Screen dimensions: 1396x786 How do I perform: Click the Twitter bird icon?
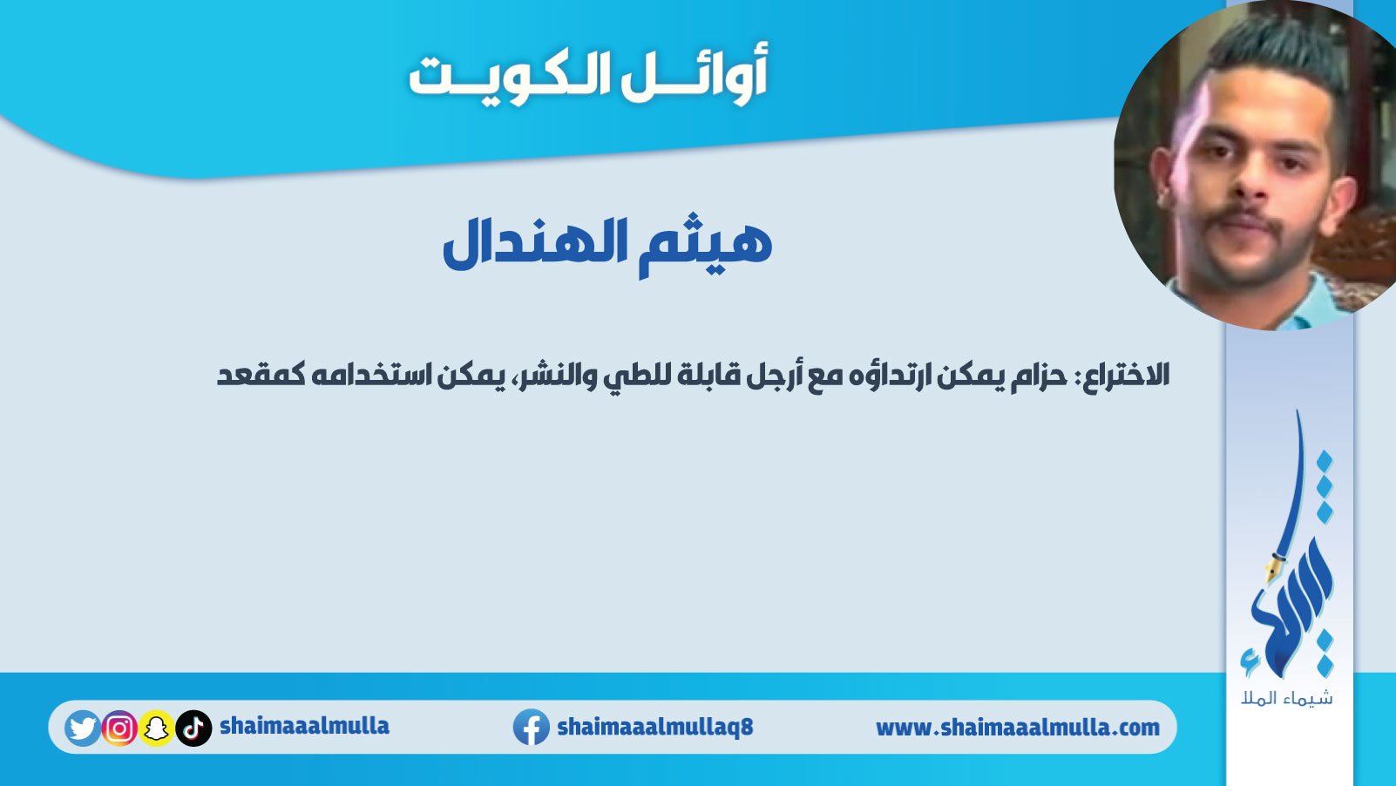pos(82,728)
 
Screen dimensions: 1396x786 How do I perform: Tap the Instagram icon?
pos(119,728)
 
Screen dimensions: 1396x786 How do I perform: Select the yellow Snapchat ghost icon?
pos(156,728)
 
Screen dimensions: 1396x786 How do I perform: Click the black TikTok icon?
pos(193,728)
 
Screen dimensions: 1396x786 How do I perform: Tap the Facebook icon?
pos(531,727)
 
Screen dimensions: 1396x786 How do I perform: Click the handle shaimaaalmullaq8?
pos(655,727)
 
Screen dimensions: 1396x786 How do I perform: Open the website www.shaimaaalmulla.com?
pos(1018,728)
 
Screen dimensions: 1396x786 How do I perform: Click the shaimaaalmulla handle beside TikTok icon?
pos(305,726)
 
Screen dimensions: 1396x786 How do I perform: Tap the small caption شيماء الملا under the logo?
pos(1287,698)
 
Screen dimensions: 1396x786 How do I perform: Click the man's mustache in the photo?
pos(1244,221)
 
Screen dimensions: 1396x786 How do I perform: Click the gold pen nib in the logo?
pos(1271,571)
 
